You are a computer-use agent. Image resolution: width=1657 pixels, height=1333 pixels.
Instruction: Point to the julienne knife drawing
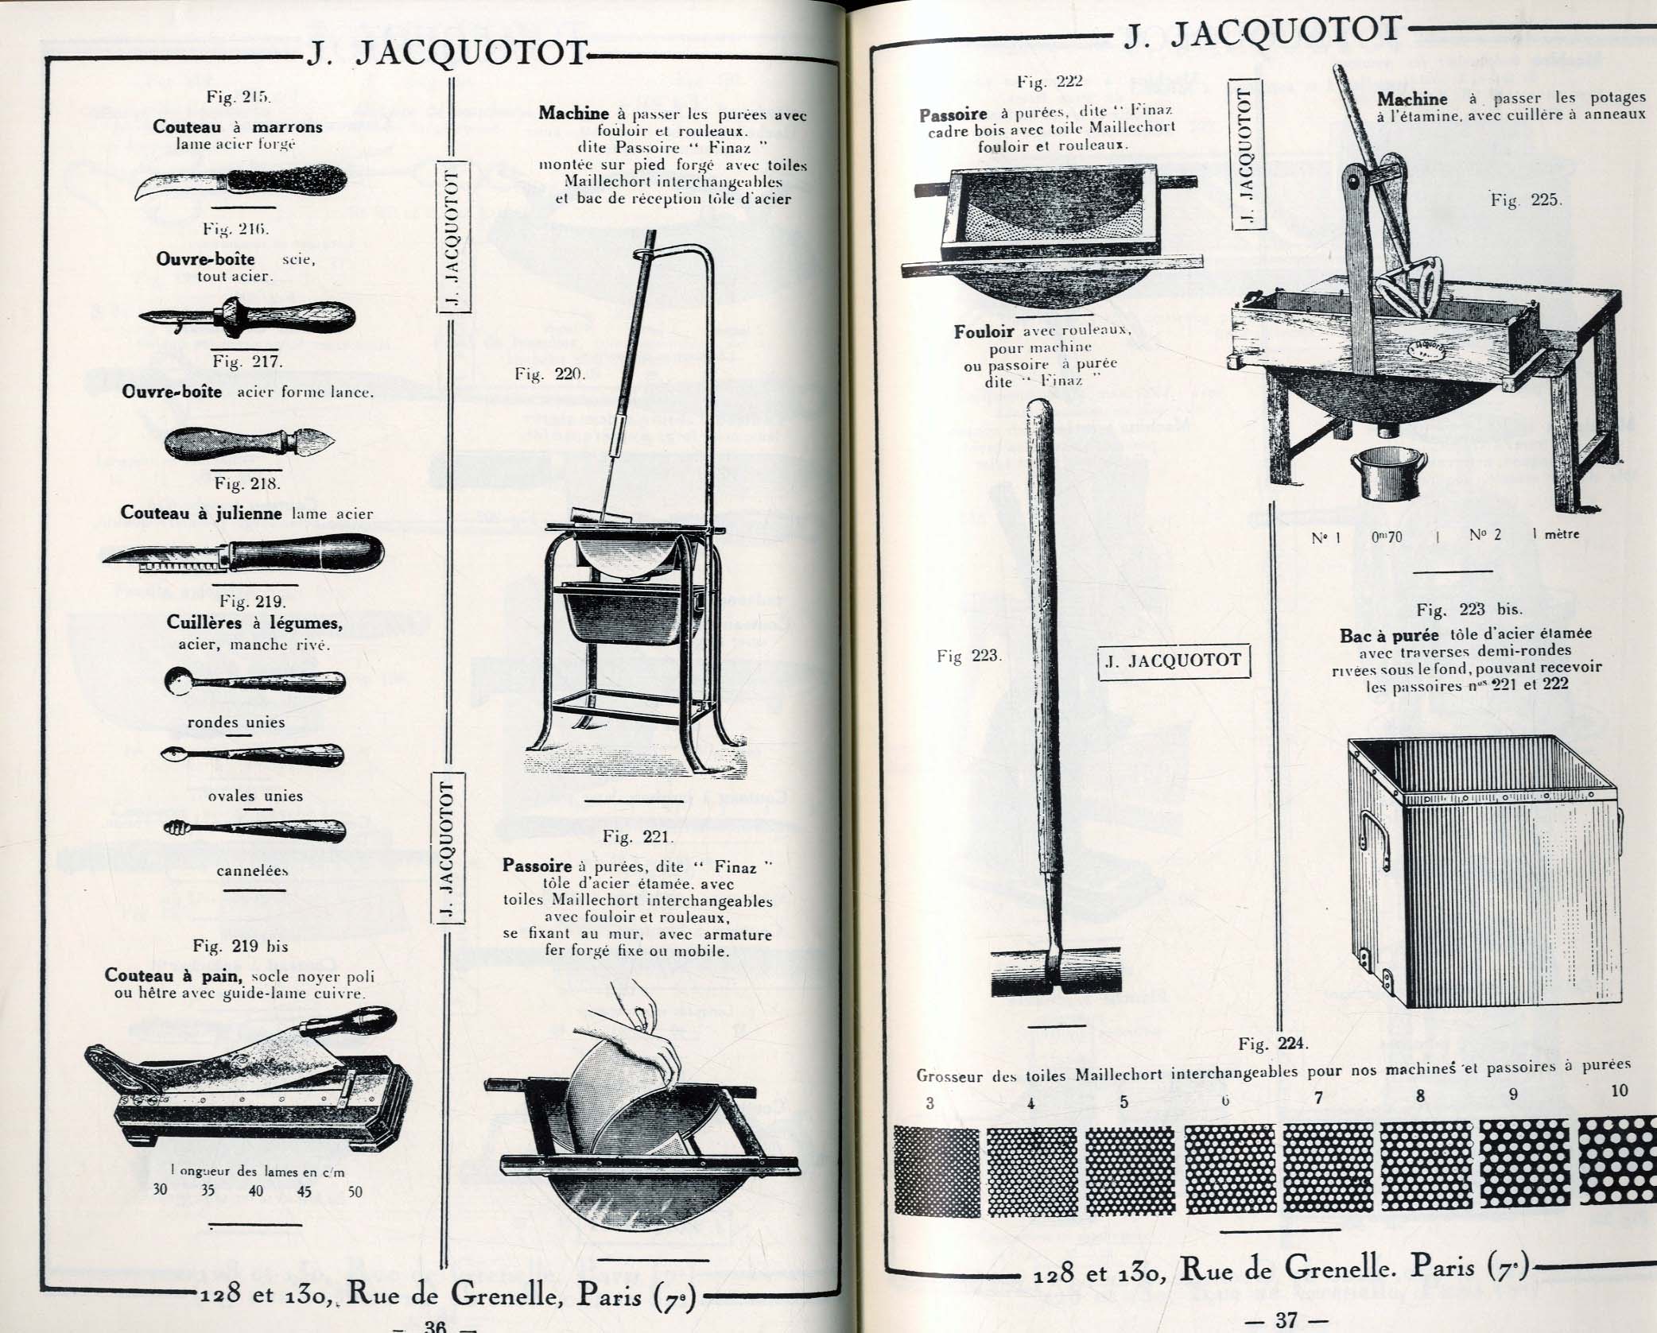243,553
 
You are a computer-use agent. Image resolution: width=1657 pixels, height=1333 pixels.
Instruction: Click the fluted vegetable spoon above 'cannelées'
254,830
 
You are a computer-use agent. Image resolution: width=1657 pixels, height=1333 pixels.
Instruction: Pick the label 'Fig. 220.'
549,374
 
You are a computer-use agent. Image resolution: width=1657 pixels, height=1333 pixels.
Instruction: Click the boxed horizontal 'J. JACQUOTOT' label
1173,660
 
